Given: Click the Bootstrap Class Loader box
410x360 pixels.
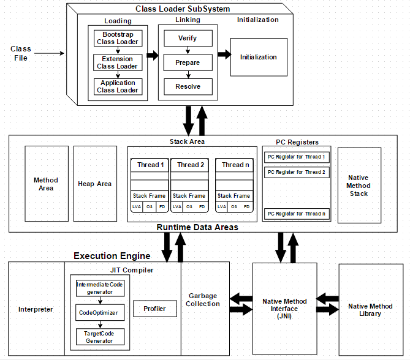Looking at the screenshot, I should pos(118,39).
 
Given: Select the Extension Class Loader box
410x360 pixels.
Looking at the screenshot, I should pos(118,62).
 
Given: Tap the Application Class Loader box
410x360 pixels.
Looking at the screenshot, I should pos(118,86).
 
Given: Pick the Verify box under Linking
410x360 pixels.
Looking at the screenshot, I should pos(188,39).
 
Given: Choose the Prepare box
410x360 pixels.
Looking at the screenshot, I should pos(188,62).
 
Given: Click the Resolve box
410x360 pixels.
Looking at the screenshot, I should pos(188,86).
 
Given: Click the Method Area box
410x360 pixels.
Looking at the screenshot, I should pos(46,184).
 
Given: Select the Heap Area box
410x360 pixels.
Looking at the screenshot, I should pos(95,184).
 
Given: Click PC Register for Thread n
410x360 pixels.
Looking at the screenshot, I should pos(296,214).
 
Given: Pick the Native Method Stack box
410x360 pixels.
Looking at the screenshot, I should pos(359,185).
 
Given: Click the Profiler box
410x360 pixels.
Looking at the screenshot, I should pos(154,309).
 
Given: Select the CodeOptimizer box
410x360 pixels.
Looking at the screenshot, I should pos(100,312).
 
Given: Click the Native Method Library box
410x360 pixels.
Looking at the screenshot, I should pos(370,310).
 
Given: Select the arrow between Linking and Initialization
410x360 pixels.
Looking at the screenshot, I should pos(224,55).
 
